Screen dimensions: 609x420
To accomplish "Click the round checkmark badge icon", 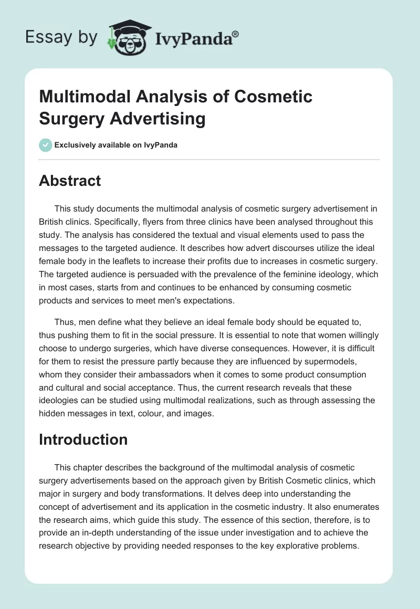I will point(46,145).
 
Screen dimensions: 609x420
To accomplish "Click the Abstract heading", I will point(70,181).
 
